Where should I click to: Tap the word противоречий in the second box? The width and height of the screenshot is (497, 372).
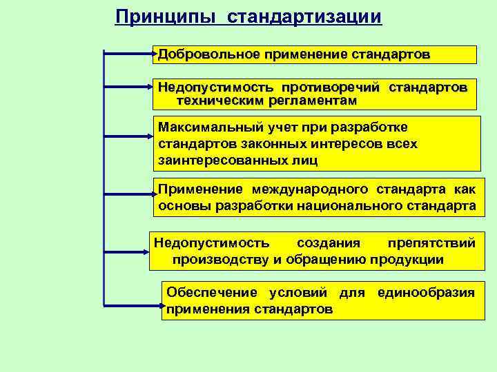pos(329,87)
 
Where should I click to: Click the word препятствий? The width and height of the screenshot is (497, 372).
pos(431,242)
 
